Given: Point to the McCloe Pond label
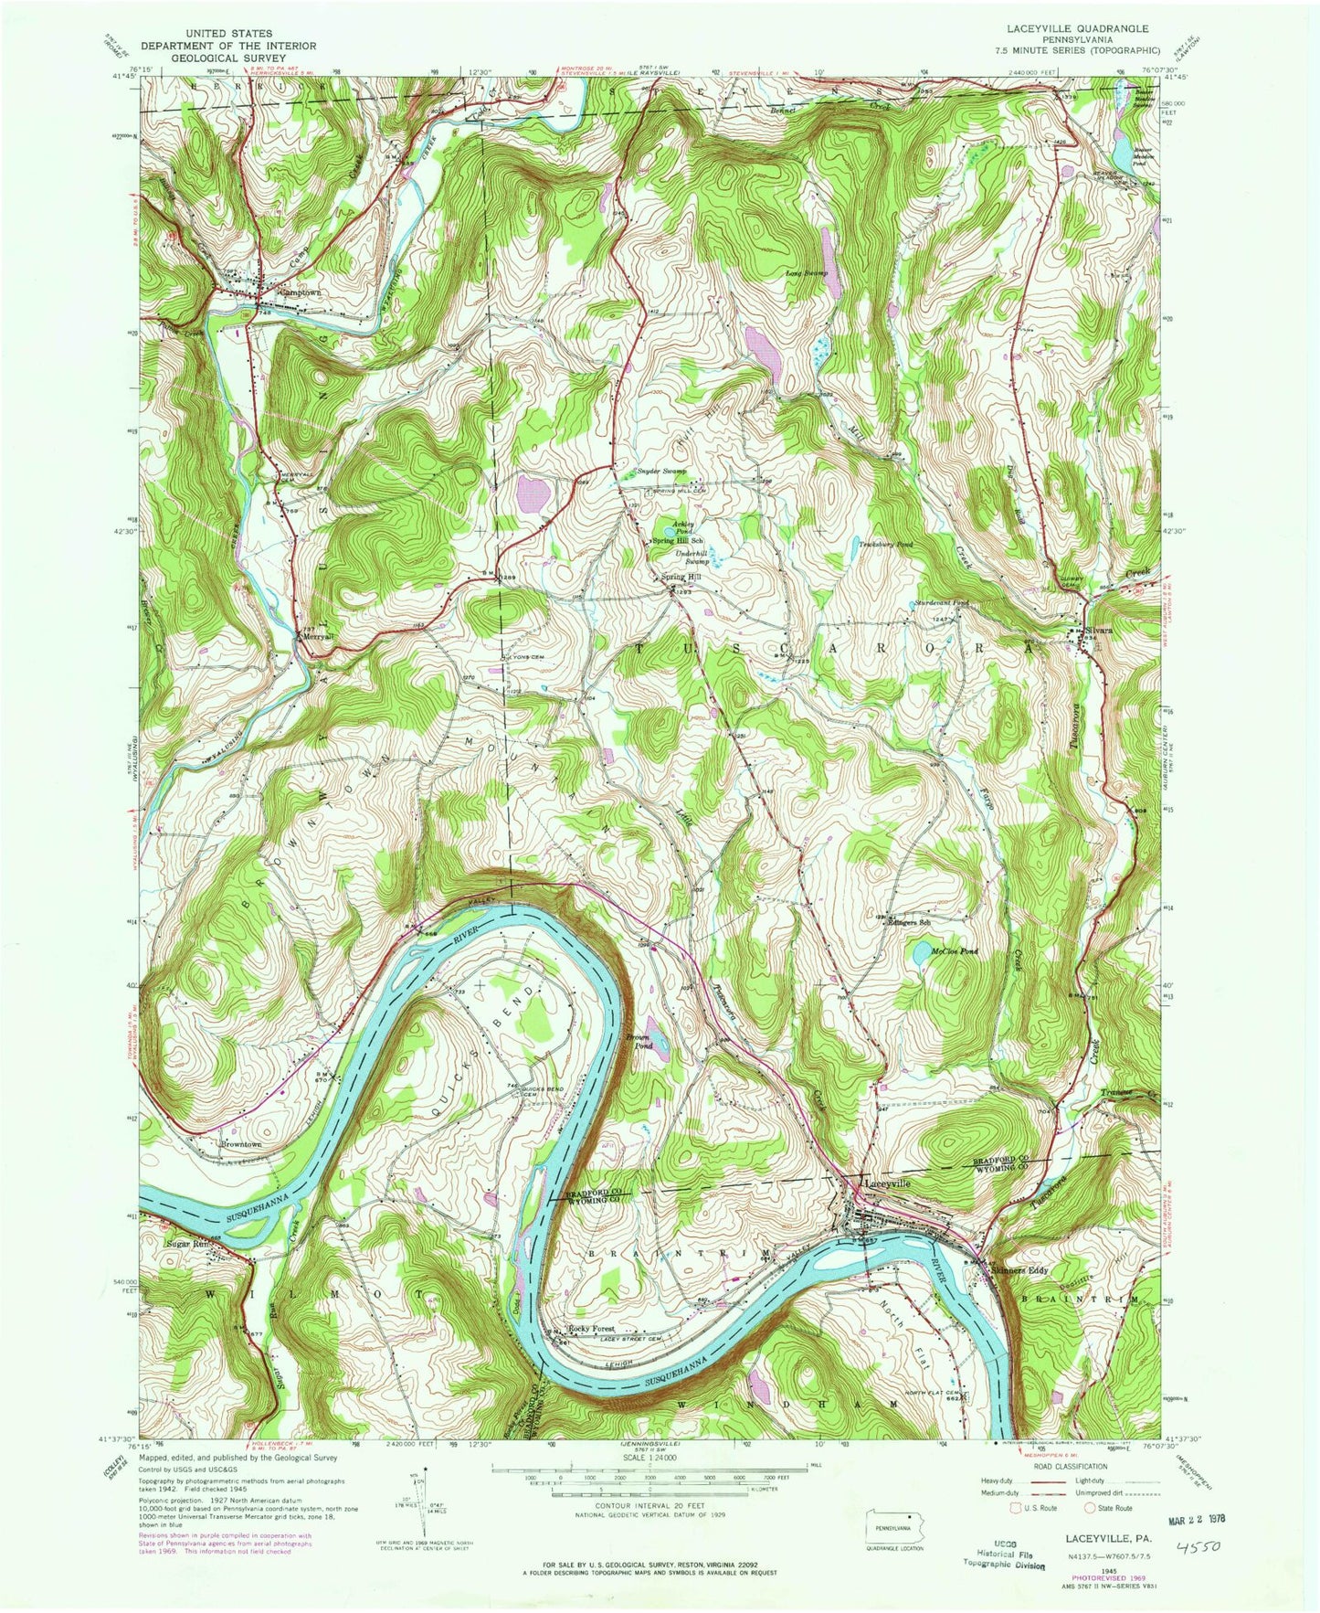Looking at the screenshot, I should [954, 951].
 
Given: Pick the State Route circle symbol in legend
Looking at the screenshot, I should [1091, 1508].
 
